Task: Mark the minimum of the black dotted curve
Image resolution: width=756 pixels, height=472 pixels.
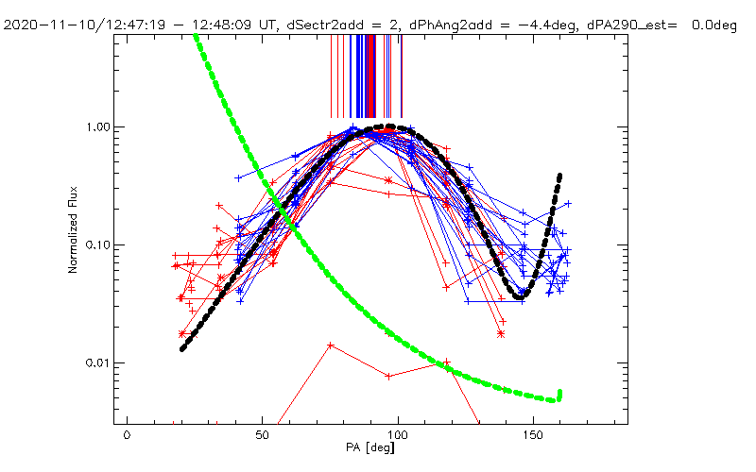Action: point(519,297)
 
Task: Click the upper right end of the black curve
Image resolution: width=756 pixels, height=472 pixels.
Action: point(560,176)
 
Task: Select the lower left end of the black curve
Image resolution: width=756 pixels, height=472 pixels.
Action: point(182,349)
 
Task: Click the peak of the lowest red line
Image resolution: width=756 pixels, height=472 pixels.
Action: point(330,345)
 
